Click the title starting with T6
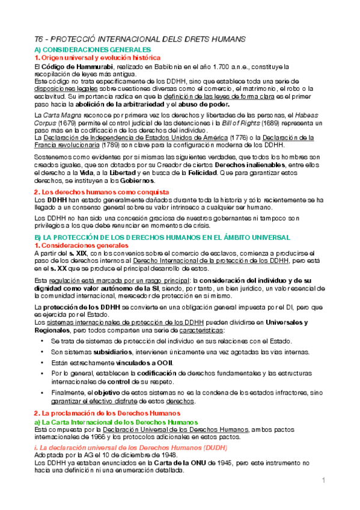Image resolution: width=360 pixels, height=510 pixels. click(139, 39)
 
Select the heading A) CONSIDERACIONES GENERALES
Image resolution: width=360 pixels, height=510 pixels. click(93, 49)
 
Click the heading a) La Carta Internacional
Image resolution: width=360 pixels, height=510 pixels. click(103, 422)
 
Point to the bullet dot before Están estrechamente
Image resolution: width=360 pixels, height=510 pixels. click(41, 363)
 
